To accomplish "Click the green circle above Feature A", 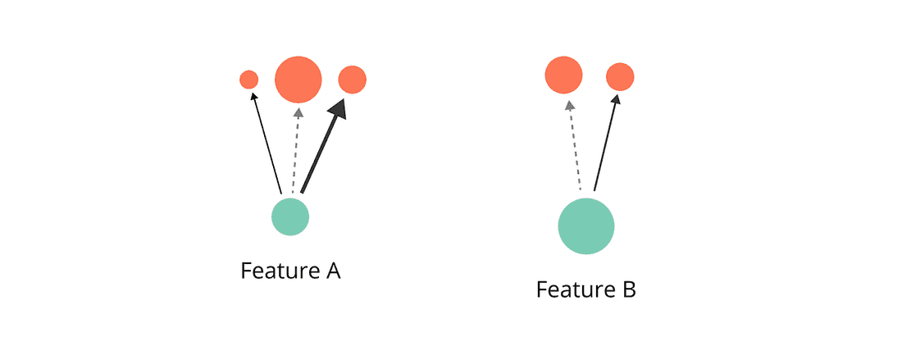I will click(290, 217).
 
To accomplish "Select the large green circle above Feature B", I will click(586, 227).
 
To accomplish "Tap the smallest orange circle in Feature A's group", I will click(249, 80).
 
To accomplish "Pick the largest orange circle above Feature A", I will click(297, 80).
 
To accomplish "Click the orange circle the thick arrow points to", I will click(353, 80).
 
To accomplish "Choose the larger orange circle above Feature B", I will click(564, 75).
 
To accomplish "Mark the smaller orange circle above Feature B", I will click(620, 77).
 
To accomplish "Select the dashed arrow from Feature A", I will click(295, 152).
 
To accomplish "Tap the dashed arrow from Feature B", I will click(574, 148).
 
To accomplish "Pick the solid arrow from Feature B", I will click(605, 144).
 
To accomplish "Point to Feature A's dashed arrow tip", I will click(298, 112).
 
